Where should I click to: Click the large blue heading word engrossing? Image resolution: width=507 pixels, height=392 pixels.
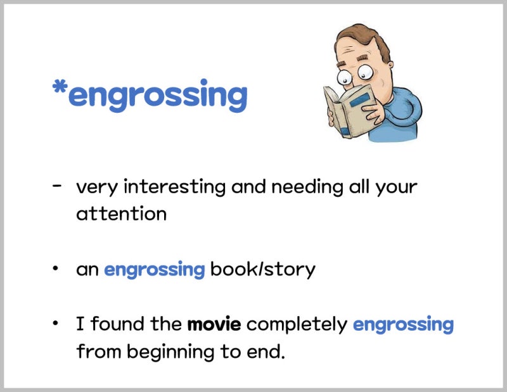point(158,96)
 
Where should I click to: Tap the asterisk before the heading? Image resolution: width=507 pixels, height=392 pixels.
point(60,87)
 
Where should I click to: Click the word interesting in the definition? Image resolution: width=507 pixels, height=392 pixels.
point(175,187)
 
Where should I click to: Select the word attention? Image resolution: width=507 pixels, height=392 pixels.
point(121,214)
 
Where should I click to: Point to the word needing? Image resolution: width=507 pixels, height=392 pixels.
point(307,187)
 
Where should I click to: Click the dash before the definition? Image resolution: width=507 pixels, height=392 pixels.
point(56,186)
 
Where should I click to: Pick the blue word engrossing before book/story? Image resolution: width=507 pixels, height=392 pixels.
point(154,270)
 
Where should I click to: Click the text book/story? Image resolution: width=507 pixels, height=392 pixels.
point(262,270)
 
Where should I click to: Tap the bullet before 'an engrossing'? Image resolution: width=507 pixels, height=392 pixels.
point(56,268)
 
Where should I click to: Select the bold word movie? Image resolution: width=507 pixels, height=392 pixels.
point(214,324)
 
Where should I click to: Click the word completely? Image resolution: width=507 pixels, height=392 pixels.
point(297,324)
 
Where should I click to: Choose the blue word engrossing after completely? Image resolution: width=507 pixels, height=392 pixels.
point(403,325)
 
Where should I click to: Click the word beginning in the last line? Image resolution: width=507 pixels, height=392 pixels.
point(170,352)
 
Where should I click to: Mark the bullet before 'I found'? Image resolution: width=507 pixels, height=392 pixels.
point(56,323)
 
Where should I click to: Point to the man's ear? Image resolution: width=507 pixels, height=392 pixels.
point(390,65)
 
